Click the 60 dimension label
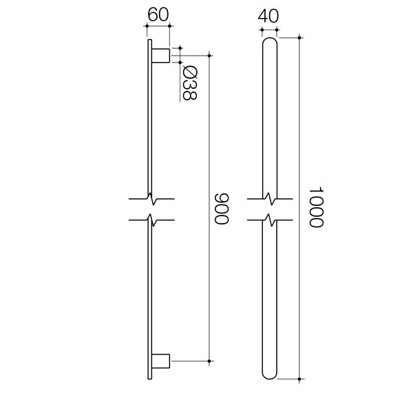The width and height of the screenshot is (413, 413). click(x=158, y=13)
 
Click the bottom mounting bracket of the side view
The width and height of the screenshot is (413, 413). click(x=160, y=359)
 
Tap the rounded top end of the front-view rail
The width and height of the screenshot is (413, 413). click(x=270, y=43)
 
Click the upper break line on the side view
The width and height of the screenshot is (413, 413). click(x=151, y=200)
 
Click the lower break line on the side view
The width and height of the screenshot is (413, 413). click(x=151, y=222)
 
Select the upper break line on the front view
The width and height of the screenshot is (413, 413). click(x=270, y=200)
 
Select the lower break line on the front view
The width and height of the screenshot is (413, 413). click(x=270, y=222)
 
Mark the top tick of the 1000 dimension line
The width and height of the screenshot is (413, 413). click(x=300, y=36)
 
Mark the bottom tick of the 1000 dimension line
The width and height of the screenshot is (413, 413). click(x=300, y=379)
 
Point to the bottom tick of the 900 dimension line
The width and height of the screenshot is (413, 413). click(x=209, y=359)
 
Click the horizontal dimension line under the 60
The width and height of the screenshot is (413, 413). click(x=158, y=26)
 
